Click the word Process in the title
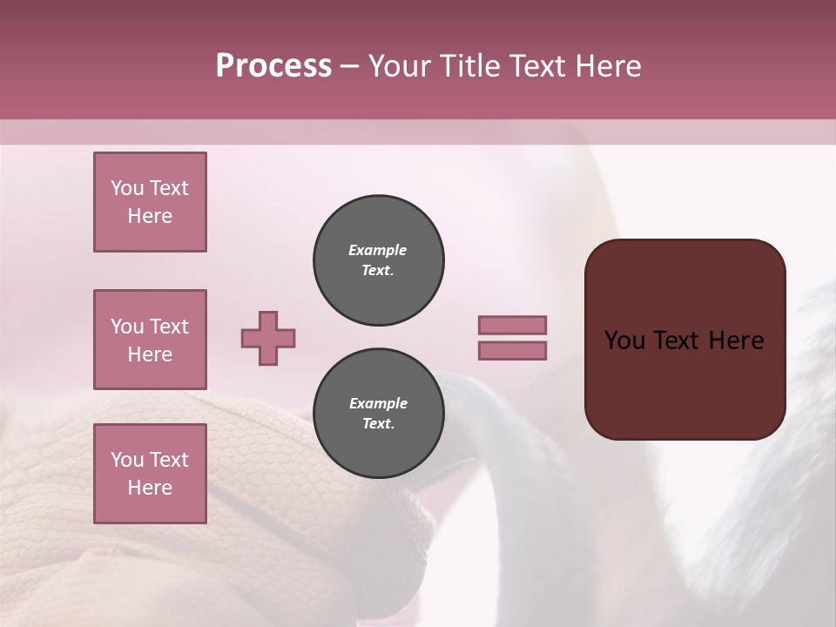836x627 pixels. tap(273, 66)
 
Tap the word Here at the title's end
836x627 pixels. tap(605, 66)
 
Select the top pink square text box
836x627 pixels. tap(150, 202)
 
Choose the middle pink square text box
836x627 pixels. tap(150, 340)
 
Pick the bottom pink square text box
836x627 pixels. tap(150, 474)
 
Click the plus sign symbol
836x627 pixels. tap(268, 338)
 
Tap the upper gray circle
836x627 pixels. tap(379, 260)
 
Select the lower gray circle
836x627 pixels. tap(379, 414)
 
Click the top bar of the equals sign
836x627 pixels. tap(513, 325)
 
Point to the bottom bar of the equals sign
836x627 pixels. tap(513, 350)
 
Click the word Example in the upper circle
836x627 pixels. tap(378, 250)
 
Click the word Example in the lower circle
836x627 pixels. tap(378, 403)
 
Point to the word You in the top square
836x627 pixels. tap(127, 188)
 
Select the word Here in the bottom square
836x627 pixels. tap(150, 488)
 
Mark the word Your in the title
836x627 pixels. tap(400, 66)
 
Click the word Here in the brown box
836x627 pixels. tap(737, 340)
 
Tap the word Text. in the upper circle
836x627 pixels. tap(378, 271)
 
